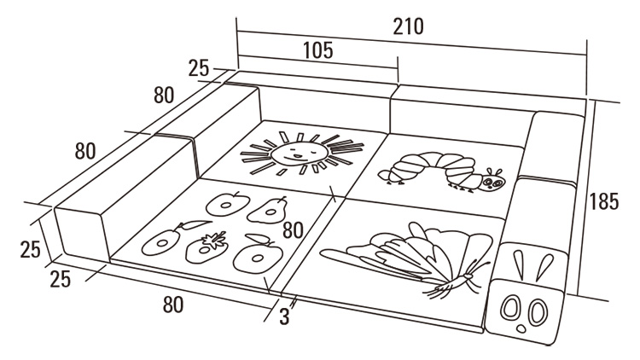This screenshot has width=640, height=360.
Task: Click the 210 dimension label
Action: pos(409,26)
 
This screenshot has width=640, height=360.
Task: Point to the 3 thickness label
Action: pos(284,316)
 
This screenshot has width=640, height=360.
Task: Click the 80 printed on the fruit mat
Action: pos(294,230)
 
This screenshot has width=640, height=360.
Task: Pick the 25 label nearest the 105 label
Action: pos(199,68)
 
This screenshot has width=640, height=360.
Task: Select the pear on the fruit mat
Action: pos(274,207)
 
